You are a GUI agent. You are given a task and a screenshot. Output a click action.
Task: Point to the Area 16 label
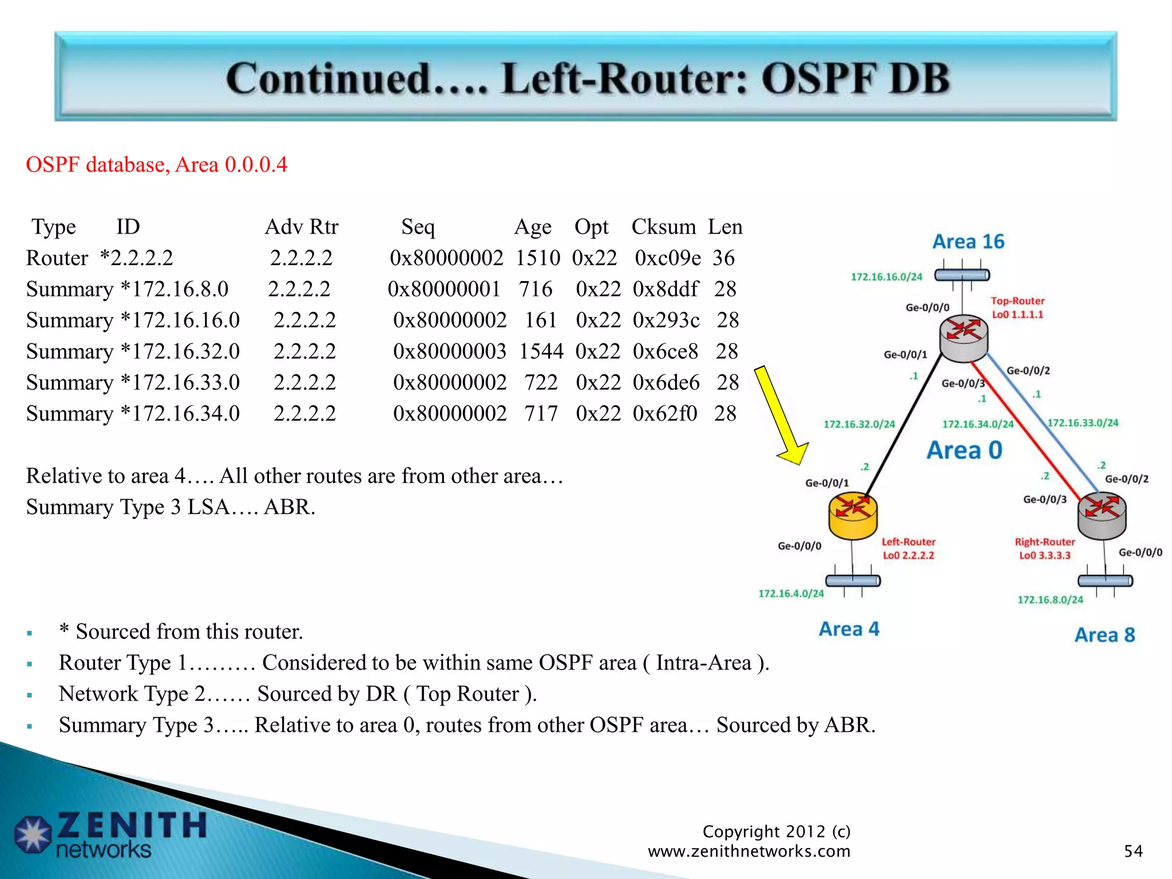[968, 241]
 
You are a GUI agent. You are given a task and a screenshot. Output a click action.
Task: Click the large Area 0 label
[964, 450]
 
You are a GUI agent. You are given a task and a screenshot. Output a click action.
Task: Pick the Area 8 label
[1104, 635]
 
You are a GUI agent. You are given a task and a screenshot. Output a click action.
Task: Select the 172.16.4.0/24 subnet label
[791, 593]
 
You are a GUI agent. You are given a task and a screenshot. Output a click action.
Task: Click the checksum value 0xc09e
[667, 258]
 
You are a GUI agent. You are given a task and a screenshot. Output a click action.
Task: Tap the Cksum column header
[663, 227]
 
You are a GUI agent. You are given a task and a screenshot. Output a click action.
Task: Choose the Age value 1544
[541, 351]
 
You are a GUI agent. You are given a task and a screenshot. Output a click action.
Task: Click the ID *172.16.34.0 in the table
[180, 414]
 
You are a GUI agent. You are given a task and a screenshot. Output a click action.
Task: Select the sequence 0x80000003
[450, 351]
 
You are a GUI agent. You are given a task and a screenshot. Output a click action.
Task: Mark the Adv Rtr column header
[302, 227]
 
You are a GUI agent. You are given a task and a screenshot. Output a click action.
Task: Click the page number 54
[1133, 851]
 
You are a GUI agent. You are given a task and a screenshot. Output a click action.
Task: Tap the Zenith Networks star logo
[33, 834]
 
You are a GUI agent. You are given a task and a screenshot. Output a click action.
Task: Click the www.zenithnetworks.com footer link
[749, 851]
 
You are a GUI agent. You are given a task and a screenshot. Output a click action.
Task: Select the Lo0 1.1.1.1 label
[1017, 314]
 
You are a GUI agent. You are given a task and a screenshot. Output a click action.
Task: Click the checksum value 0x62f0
[665, 414]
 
